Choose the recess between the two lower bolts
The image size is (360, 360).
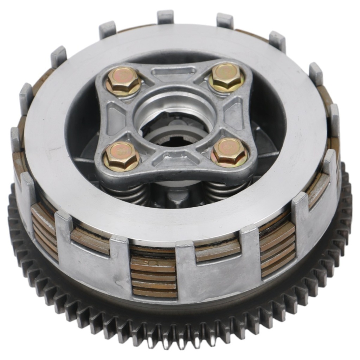175,160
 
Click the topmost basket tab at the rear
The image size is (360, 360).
165,17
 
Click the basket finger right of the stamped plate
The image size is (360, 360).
190,271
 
